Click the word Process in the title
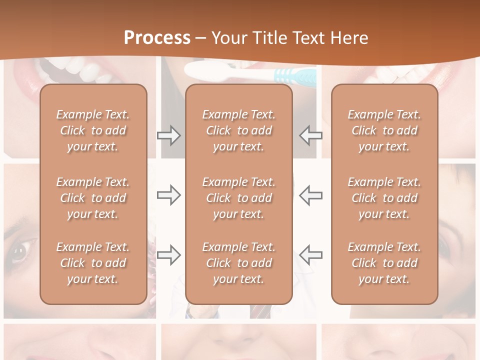pos(157,38)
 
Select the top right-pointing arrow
pos(168,135)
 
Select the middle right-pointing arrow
pos(168,195)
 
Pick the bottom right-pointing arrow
pos(168,255)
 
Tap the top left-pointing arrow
pos(311,135)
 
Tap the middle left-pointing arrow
pos(311,195)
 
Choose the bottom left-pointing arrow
pos(311,255)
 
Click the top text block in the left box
pos(93,130)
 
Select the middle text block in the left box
pos(93,198)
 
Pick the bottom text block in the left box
pos(93,263)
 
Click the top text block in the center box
pos(238,130)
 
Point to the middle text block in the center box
pos(238,198)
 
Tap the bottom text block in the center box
pos(238,263)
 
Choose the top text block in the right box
pos(384,130)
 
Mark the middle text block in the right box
pos(384,198)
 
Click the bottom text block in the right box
pos(384,263)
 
